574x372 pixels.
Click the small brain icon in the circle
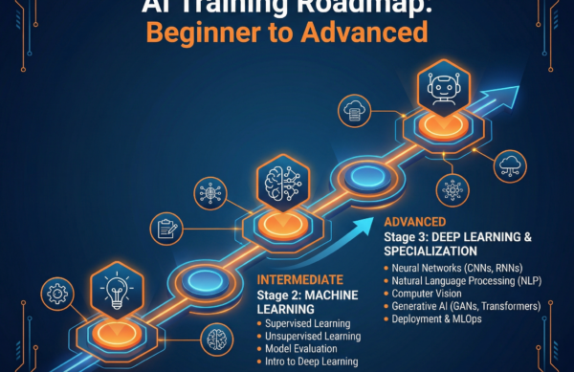217,337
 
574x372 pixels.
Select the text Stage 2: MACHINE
306,294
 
